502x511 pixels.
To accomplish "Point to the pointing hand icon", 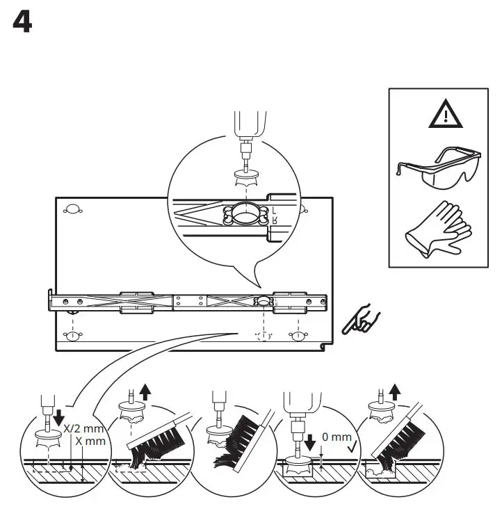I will pyautogui.click(x=362, y=321).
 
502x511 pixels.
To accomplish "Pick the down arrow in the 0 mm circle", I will pyautogui.click(x=290, y=441).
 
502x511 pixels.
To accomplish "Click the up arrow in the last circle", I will pyautogui.click(x=396, y=392).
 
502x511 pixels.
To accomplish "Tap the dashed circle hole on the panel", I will pyautogui.click(x=264, y=336).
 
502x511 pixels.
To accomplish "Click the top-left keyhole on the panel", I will pyautogui.click(x=72, y=209).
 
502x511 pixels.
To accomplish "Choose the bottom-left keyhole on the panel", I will pyautogui.click(x=72, y=336).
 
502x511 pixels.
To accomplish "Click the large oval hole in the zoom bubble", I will pyautogui.click(x=244, y=217).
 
